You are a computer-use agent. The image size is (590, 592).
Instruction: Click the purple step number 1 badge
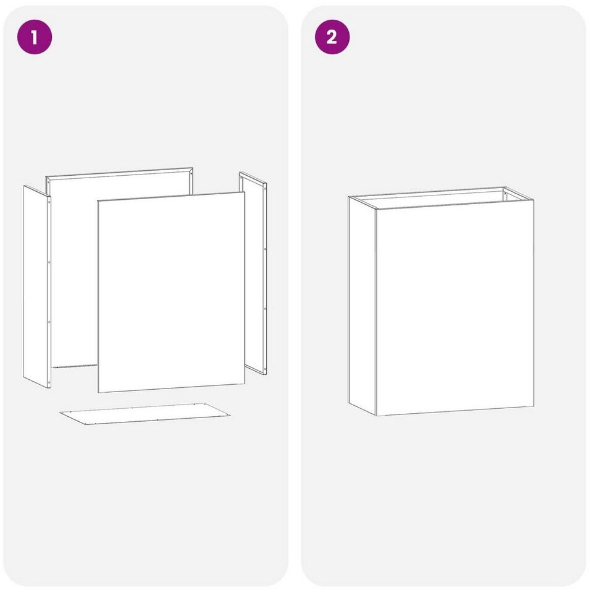click(x=35, y=37)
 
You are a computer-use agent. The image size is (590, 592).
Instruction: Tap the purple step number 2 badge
click(x=332, y=37)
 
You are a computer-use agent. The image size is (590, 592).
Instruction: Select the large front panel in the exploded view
click(x=171, y=292)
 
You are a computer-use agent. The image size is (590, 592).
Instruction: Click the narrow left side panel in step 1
click(x=37, y=287)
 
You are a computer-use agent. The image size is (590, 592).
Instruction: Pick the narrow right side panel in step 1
click(x=253, y=273)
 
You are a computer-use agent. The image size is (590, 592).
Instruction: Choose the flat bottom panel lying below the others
click(x=145, y=413)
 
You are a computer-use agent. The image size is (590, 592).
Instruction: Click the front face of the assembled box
click(x=455, y=308)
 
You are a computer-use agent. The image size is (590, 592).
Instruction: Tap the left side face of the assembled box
click(x=362, y=306)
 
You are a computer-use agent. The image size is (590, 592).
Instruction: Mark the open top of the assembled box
click(x=441, y=197)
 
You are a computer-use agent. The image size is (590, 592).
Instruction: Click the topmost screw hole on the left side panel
click(x=49, y=202)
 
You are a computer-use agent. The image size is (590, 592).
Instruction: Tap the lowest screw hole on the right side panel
click(x=264, y=369)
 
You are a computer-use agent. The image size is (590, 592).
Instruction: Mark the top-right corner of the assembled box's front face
click(x=534, y=200)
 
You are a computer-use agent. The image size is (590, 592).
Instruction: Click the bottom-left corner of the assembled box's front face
click(x=376, y=416)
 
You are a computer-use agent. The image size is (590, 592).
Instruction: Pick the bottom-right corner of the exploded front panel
click(x=245, y=384)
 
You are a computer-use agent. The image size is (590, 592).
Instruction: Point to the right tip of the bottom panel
click(x=230, y=415)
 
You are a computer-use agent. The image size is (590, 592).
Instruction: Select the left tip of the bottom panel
click(x=60, y=413)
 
